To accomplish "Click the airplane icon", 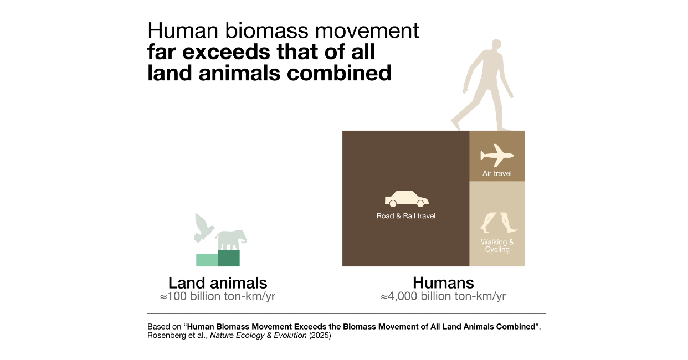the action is point(497,156).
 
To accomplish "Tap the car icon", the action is point(407,199).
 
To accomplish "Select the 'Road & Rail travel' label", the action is point(405,216).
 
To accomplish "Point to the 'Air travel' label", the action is point(497,173).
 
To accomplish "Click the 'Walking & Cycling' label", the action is point(497,246).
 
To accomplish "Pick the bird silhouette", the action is point(204,228).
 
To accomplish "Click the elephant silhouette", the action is point(231,240).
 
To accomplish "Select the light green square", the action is point(207,260).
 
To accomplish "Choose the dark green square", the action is point(229,258).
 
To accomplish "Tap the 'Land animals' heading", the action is point(218,282).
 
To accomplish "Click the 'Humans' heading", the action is point(443,282).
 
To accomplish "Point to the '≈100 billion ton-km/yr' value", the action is point(218,296).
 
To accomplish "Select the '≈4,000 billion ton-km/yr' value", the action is point(443,296).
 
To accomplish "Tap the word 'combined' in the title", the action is point(339,73).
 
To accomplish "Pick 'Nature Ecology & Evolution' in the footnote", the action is point(258,335).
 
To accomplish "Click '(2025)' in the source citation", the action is point(320,335).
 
